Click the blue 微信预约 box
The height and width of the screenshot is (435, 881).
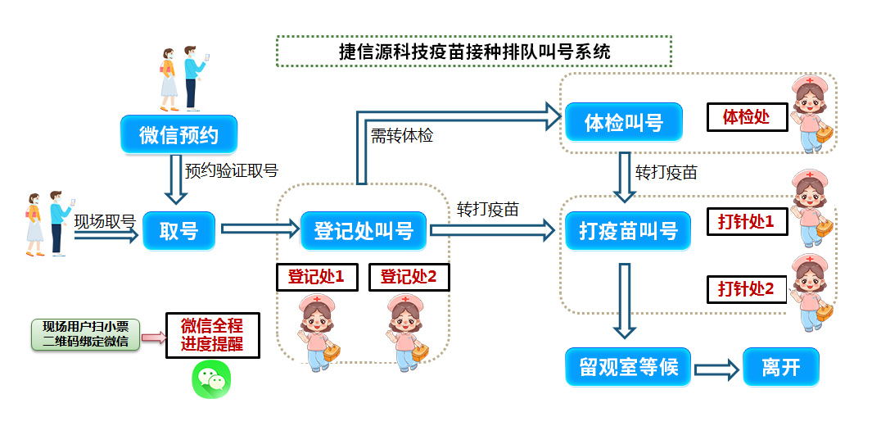coord(179,135)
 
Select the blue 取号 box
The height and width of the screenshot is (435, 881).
coord(178,230)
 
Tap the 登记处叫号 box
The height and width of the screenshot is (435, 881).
coord(363,230)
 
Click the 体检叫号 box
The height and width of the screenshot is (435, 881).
coord(623,123)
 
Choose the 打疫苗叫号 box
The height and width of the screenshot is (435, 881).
coord(623,230)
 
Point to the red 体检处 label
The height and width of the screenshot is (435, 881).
coord(747,117)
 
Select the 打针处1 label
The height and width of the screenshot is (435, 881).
coord(747,220)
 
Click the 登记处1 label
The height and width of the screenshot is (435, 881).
coord(316,277)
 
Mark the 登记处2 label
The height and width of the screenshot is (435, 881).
coord(409,277)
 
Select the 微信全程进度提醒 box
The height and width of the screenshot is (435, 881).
coord(212,334)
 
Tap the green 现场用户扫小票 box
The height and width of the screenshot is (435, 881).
coord(86,334)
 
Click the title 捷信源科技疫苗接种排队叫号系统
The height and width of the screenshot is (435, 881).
coord(474,51)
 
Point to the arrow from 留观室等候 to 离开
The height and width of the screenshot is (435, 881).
coord(717,369)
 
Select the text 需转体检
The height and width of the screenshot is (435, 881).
coord(402,136)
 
